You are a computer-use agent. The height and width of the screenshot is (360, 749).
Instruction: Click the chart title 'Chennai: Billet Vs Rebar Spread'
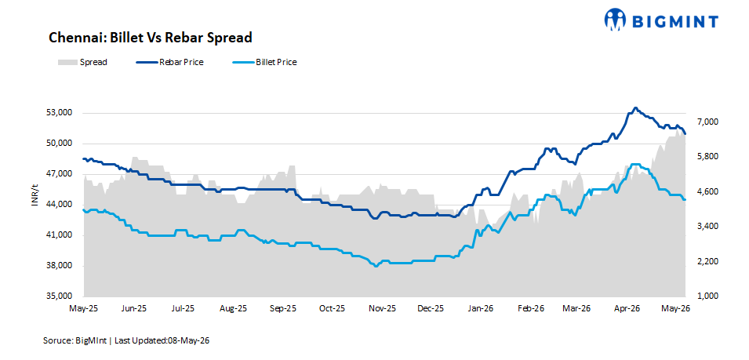coord(150,38)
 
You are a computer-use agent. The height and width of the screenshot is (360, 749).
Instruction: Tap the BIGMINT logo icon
coord(615,20)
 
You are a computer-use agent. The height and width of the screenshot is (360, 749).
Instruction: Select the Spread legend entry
coord(82,62)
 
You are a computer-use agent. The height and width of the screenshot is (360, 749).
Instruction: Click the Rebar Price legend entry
coord(169,62)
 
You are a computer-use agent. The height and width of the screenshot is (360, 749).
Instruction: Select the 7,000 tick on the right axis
coord(705,122)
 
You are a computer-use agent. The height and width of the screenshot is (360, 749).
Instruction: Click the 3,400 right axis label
coord(705,227)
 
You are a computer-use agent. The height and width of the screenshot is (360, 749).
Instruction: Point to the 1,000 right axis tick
coord(705,296)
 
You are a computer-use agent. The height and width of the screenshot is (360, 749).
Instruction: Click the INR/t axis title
coord(35,195)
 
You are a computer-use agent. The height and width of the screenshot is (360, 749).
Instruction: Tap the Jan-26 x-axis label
coord(481,308)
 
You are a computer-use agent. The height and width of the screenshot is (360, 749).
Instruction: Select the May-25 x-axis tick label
coord(84,308)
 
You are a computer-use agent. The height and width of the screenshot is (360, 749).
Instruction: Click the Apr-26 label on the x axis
coord(627,308)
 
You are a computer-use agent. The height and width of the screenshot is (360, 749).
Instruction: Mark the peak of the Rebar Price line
coord(634,108)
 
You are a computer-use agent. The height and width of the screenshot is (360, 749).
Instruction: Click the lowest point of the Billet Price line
coord(376,266)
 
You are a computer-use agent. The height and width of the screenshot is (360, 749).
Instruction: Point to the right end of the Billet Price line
coord(685,199)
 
